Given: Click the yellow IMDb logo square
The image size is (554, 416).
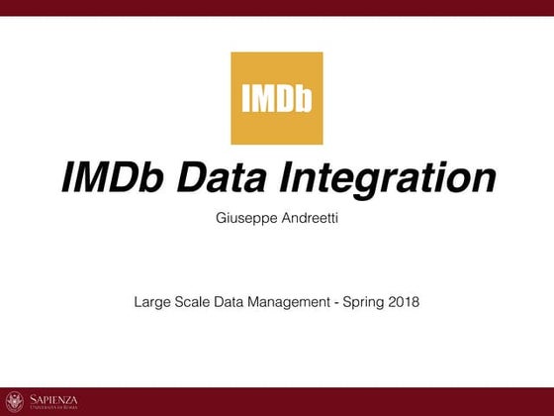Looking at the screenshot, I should pos(276,98).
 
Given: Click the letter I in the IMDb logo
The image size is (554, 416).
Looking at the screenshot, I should pos(245,99).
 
